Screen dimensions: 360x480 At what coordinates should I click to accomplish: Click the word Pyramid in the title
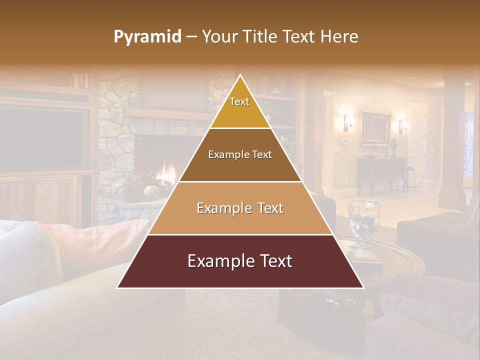tap(147, 37)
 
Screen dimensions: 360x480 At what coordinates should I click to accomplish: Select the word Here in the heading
tap(339, 37)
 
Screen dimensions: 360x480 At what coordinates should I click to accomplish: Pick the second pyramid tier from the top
tap(240, 155)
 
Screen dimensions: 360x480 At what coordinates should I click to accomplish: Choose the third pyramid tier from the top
tap(240, 208)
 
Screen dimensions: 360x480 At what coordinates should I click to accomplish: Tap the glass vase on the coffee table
tap(364, 220)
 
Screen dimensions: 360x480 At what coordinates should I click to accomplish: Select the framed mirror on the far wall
tap(374, 128)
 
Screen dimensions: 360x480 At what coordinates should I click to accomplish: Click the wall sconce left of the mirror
tap(346, 121)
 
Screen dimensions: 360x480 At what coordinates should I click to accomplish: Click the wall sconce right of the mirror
tap(401, 125)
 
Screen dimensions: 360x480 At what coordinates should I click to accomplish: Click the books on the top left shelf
tap(79, 80)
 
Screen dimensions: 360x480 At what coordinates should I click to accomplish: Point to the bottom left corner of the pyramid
tap(117, 288)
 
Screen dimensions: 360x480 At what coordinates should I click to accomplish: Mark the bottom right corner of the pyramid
tap(364, 288)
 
